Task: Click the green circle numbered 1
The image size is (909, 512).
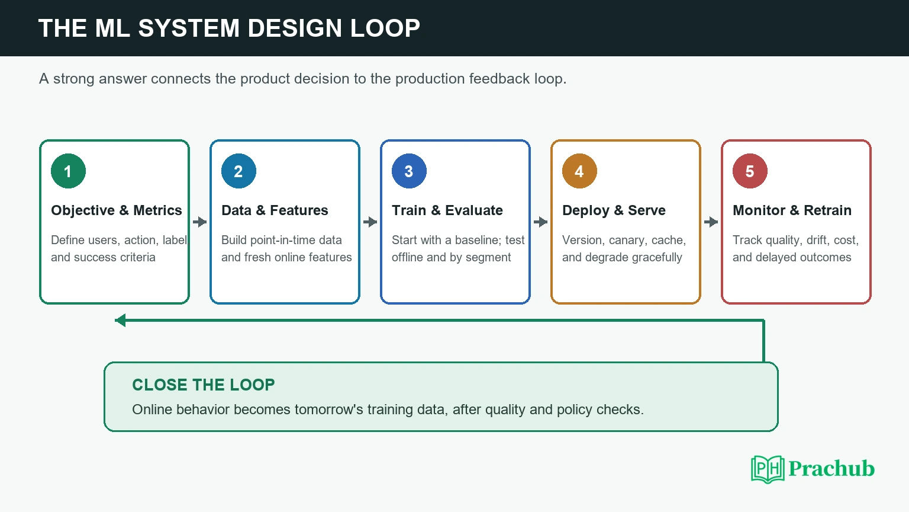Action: (x=68, y=171)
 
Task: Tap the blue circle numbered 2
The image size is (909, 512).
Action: (x=238, y=171)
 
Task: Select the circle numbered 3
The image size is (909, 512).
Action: (x=409, y=171)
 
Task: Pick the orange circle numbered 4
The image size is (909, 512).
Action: (x=579, y=171)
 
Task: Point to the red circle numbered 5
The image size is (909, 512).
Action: (x=750, y=171)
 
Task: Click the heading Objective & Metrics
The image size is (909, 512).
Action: (x=117, y=210)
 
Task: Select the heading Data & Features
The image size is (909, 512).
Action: (x=275, y=210)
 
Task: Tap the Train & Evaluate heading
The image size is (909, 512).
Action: (x=447, y=210)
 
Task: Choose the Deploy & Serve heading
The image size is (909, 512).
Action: (x=614, y=210)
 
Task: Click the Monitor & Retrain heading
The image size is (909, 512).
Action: (x=792, y=210)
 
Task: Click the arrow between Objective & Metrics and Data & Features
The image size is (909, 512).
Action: (x=199, y=222)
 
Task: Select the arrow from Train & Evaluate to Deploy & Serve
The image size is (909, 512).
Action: (x=540, y=222)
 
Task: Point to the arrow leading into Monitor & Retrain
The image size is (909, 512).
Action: (x=711, y=222)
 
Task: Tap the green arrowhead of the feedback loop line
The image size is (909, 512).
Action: (x=120, y=320)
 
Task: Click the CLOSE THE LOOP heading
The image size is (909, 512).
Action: (x=204, y=385)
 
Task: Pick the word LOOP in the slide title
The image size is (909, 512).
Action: (x=385, y=28)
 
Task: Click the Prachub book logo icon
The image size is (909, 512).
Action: (x=768, y=469)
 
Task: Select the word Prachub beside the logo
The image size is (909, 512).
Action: (x=831, y=469)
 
